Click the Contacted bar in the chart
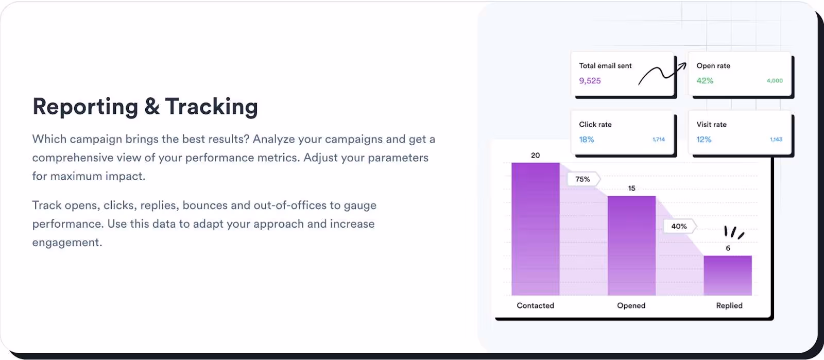(x=535, y=229)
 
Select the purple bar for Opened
(x=631, y=245)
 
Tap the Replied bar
(x=727, y=275)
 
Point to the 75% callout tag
(x=583, y=179)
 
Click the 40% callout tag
(x=679, y=226)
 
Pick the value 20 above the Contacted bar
(x=536, y=155)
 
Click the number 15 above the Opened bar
(x=631, y=188)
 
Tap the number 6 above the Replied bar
(x=728, y=248)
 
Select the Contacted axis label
(x=535, y=305)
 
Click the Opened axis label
(x=631, y=305)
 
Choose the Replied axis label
(x=729, y=305)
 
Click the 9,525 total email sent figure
(x=590, y=81)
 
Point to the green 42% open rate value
(x=705, y=81)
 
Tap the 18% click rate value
(x=586, y=140)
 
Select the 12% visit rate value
(x=703, y=140)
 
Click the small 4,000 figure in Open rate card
(x=774, y=81)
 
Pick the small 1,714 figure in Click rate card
(x=658, y=140)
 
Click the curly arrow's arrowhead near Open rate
(x=683, y=65)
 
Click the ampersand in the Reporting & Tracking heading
(x=151, y=107)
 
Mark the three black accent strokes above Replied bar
(x=733, y=232)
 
